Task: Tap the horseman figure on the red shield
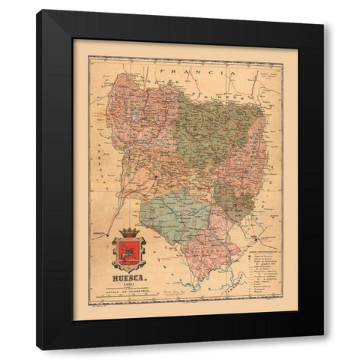129,251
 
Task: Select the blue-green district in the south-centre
180,214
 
